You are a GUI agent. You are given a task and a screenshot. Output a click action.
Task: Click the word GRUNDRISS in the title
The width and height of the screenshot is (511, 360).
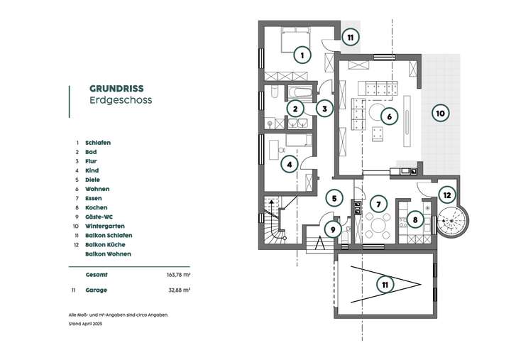116,88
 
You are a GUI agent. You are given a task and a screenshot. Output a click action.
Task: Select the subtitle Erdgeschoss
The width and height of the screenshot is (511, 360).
120,100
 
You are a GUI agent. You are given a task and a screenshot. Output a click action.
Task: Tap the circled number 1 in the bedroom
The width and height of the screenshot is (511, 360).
302,55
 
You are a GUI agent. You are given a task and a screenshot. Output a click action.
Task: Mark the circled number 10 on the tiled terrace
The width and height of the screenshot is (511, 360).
439,113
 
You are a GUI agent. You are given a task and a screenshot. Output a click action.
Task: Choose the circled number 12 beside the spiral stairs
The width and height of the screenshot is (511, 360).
446,195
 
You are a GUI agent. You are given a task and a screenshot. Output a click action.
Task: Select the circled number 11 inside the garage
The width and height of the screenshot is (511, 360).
384,285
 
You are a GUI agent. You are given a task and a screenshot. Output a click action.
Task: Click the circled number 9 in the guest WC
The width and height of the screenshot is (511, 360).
332,229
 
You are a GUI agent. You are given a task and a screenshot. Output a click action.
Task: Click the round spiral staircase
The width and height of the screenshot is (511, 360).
449,222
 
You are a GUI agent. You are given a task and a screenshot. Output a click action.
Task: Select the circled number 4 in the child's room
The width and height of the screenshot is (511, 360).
289,165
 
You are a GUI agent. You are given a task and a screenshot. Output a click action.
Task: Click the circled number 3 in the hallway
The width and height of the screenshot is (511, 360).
324,109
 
